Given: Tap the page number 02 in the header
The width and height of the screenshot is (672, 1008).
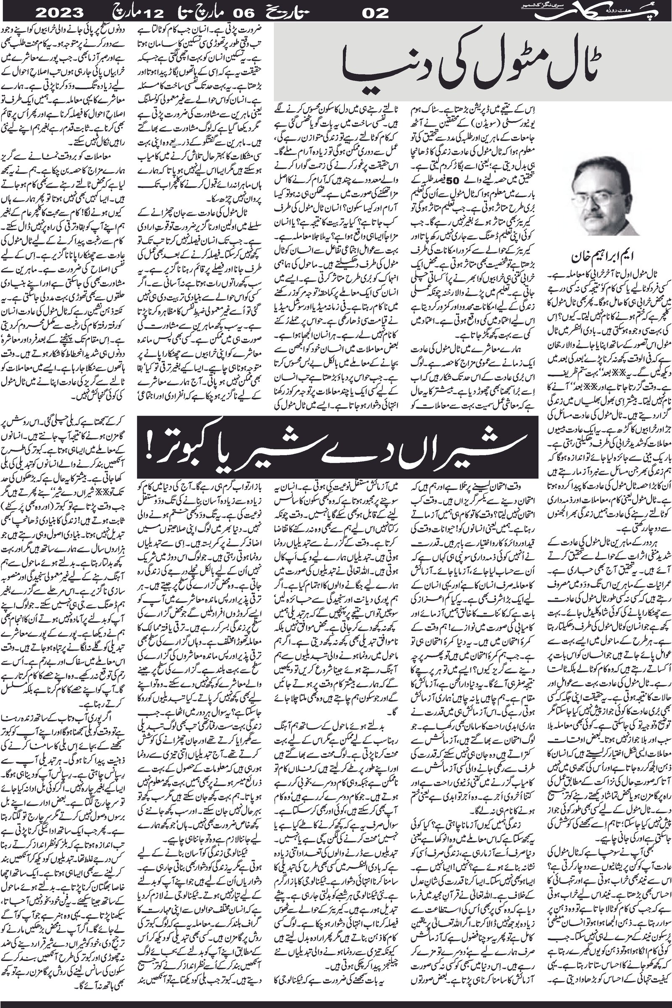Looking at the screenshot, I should pyautogui.click(x=376, y=13).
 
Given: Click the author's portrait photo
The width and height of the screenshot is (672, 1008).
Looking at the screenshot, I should pyautogui.click(x=601, y=197).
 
